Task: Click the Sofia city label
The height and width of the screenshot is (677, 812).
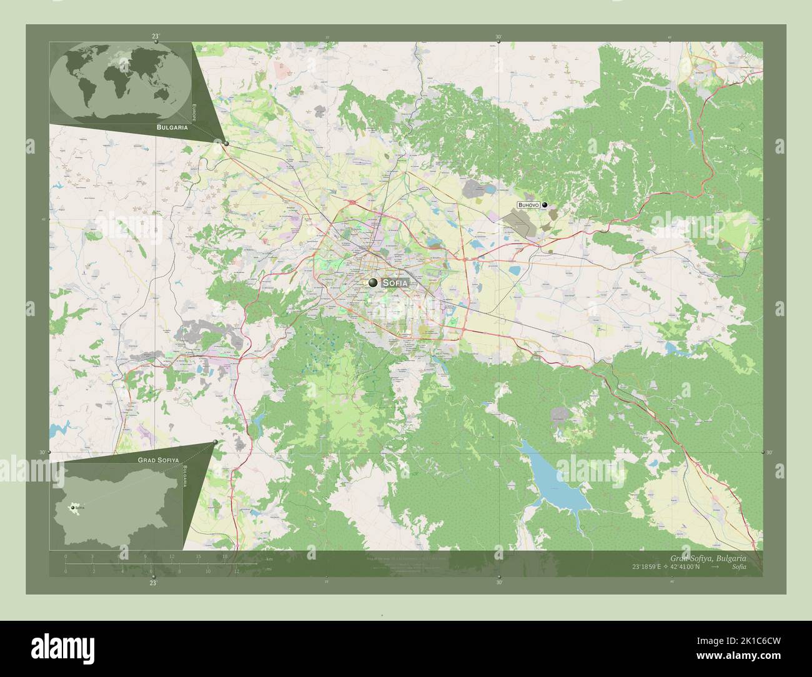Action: [x=396, y=283]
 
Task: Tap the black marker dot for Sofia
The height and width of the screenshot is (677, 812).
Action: [x=374, y=283]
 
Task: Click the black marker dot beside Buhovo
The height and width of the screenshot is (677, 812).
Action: [x=545, y=205]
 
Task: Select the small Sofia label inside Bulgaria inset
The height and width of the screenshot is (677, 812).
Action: [x=79, y=508]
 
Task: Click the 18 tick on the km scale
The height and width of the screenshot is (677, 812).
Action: [x=225, y=556]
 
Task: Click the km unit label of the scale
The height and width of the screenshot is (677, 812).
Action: [x=269, y=559]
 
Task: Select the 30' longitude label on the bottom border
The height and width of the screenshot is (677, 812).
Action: [x=498, y=581]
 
